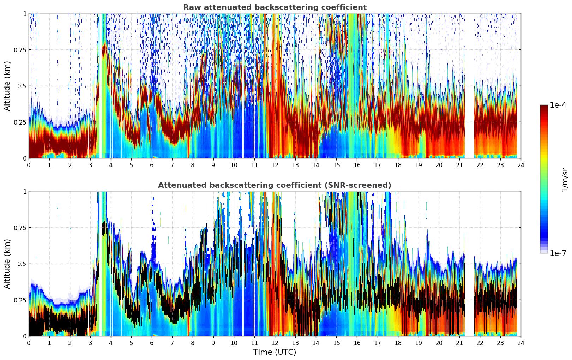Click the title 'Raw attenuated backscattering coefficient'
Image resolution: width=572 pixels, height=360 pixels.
275,7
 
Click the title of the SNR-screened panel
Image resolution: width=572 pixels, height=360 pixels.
275,185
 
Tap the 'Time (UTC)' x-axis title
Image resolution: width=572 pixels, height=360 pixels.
275,352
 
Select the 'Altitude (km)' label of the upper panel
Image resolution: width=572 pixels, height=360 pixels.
7,86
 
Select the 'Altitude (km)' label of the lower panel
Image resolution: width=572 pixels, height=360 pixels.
7,264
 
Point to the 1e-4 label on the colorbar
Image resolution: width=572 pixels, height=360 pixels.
558,105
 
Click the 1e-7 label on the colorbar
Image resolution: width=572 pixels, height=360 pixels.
558,253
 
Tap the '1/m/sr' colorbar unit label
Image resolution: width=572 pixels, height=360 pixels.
564,180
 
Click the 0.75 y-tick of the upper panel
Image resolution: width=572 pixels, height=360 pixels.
20,50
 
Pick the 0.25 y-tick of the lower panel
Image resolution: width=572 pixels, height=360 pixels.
20,300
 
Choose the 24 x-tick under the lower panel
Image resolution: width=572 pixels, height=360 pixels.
521,343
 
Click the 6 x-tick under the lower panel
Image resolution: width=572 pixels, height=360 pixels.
152,343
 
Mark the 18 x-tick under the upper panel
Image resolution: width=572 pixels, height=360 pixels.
398,165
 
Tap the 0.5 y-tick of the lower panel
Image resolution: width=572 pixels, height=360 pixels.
22,264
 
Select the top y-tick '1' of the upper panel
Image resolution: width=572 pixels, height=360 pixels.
25,13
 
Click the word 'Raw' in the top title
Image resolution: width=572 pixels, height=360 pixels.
190,7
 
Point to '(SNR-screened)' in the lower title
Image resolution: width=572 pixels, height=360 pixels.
365,185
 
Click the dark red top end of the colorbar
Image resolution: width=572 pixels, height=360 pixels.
544,107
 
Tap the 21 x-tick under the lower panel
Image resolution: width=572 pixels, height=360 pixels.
459,343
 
